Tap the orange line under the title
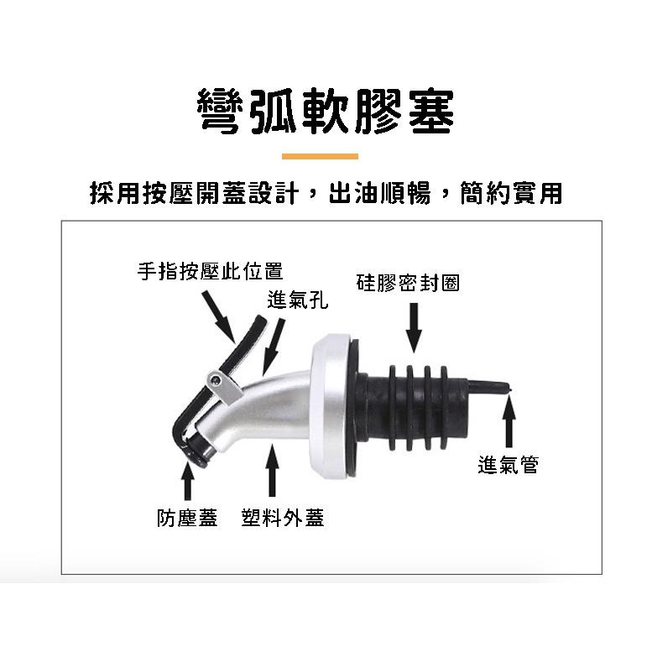point(320,157)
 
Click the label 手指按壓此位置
point(210,270)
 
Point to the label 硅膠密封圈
point(408,282)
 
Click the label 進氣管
point(508,464)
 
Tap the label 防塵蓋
point(187,518)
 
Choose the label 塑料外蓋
point(282,518)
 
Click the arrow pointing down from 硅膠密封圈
point(413,326)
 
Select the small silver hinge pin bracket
point(218,383)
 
